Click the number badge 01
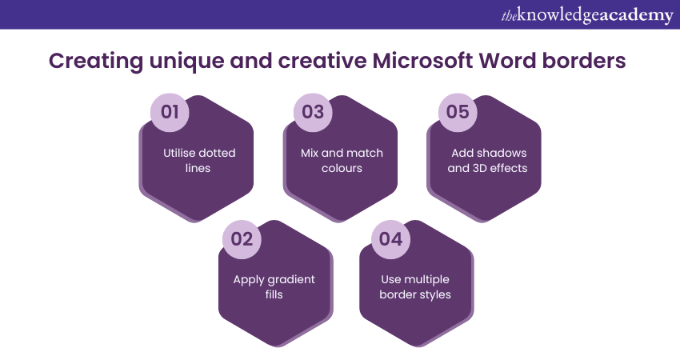(170, 112)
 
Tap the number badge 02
(242, 238)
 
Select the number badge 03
(313, 112)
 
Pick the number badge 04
(390, 238)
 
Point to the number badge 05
(457, 112)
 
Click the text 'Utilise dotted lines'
(198, 160)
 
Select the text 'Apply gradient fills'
(274, 286)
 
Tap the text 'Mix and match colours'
(342, 160)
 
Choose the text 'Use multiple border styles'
(415, 286)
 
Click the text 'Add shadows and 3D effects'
(483, 160)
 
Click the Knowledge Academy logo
(586, 15)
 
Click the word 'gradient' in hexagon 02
(290, 279)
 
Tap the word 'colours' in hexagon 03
(342, 168)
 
